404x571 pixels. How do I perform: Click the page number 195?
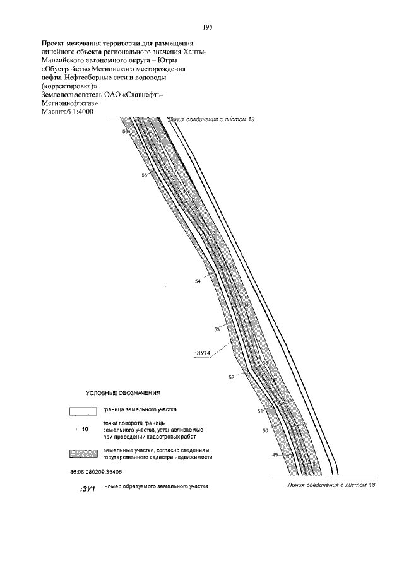tap(207, 28)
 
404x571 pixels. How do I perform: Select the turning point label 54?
tap(198, 281)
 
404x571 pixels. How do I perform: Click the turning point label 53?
tap(217, 329)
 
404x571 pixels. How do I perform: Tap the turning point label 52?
tap(232, 377)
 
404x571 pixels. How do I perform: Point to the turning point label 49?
tap(275, 455)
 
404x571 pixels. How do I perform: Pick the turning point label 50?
tap(265, 430)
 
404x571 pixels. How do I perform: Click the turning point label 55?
tap(144, 175)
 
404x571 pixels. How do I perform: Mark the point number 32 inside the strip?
tap(212, 234)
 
